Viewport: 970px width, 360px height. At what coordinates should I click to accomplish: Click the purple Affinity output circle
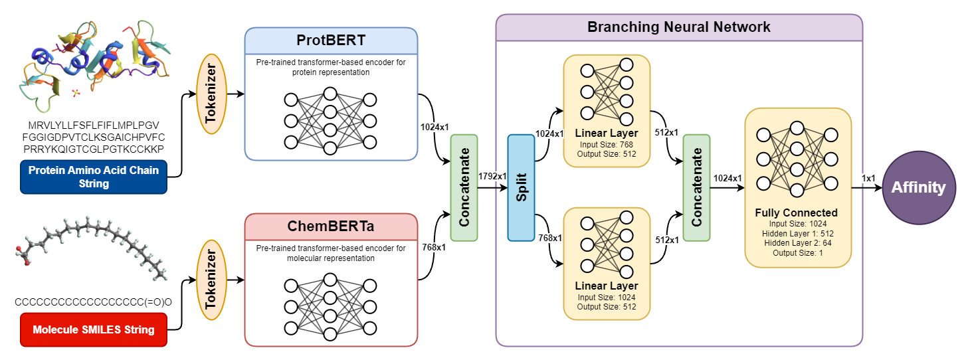(919, 187)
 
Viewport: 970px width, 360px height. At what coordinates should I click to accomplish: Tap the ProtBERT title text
(331, 41)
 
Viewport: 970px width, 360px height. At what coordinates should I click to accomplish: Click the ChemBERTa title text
(331, 227)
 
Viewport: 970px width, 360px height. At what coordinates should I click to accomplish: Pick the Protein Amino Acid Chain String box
(94, 177)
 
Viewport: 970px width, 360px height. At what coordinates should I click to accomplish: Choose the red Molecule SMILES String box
(94, 329)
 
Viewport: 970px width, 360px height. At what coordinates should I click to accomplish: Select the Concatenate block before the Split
(464, 187)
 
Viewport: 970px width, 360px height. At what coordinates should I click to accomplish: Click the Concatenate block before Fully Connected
(696, 187)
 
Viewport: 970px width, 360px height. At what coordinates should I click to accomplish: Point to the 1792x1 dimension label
(493, 177)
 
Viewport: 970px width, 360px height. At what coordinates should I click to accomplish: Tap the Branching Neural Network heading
(679, 27)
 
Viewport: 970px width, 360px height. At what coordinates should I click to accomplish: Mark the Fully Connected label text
(796, 213)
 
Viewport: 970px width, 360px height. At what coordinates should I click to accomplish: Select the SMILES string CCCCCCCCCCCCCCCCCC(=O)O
(94, 302)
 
